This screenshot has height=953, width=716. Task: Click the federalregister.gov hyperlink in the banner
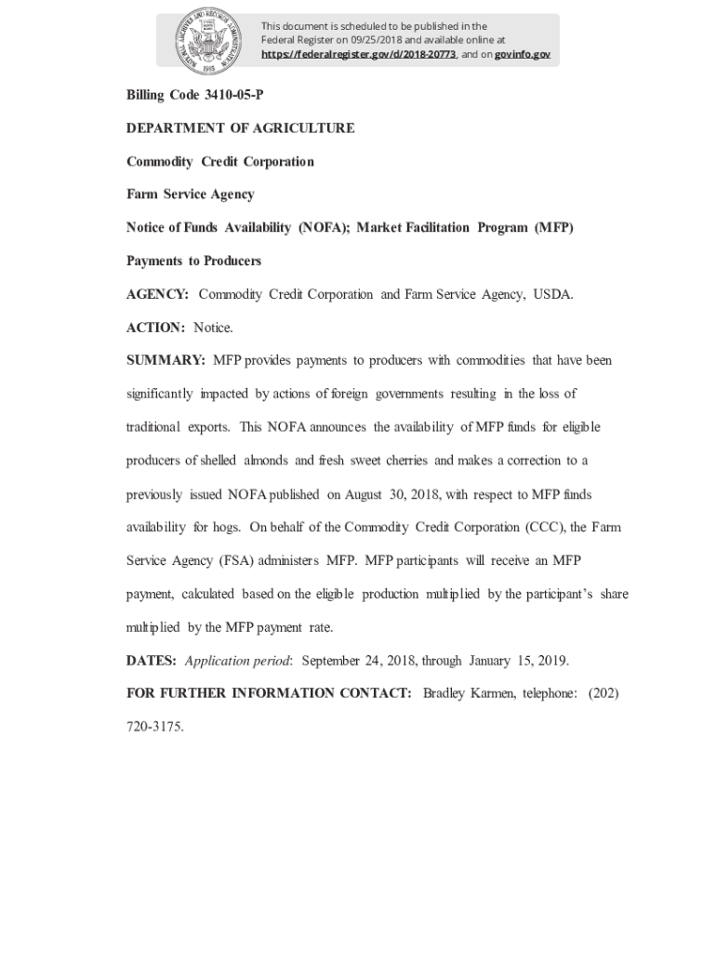pos(358,55)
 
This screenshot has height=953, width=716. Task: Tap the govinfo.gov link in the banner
pos(522,55)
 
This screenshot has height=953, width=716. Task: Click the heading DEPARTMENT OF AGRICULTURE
pos(241,128)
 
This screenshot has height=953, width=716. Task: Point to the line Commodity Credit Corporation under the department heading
pos(220,162)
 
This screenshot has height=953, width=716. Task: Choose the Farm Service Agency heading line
pos(191,195)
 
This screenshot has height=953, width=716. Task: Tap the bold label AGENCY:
pos(158,295)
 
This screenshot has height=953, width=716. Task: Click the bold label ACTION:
pos(156,328)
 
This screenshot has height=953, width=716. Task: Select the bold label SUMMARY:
pos(166,361)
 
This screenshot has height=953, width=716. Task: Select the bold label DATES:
pos(152,662)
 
